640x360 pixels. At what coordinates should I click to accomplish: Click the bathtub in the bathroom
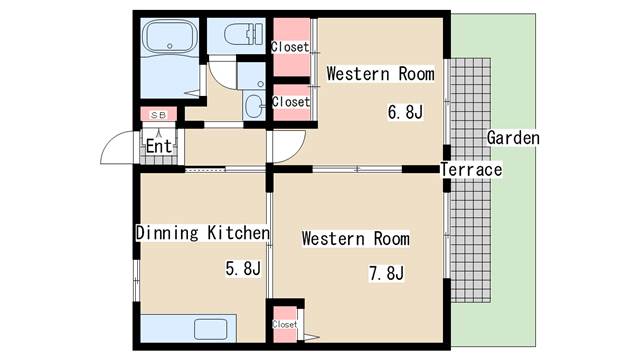point(170,37)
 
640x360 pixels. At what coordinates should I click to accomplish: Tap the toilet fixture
point(244,34)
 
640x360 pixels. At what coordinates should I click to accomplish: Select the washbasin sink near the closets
point(254,106)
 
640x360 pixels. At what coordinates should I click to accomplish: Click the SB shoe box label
point(159,115)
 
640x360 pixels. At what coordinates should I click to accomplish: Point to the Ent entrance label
point(159,146)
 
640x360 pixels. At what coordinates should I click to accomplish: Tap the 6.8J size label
point(405,112)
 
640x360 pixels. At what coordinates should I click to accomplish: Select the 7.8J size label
point(386,273)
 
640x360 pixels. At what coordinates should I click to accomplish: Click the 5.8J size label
point(243,268)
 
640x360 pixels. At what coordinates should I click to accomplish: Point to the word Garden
point(513,138)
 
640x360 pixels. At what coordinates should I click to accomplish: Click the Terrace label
point(471,169)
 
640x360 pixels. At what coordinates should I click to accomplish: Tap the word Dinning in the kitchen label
point(167,233)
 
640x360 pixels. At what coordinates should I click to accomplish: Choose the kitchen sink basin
point(210,329)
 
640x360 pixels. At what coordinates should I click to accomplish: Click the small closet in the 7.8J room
point(285,324)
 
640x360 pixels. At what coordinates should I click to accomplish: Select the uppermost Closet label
point(290,47)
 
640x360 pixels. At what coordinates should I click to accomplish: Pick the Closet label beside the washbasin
point(291,101)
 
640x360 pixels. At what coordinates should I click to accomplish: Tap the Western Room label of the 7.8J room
point(356,239)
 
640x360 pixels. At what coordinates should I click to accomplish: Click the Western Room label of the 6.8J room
point(380,74)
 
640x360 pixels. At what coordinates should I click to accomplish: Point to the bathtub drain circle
point(170,46)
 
